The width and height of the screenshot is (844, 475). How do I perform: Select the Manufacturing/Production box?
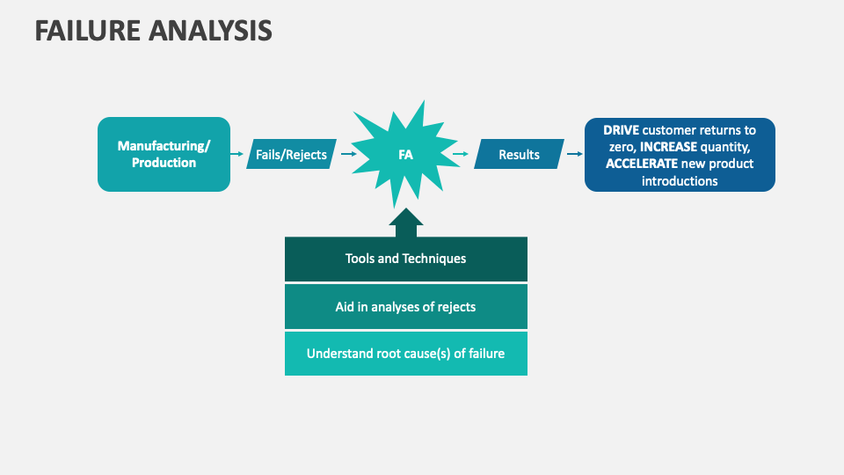coord(164,154)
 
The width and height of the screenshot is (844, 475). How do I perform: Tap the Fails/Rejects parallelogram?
coord(291,155)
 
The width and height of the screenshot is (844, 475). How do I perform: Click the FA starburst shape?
coord(405,155)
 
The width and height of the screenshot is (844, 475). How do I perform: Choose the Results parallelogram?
coord(519,155)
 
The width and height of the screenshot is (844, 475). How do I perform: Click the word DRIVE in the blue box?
coord(621,129)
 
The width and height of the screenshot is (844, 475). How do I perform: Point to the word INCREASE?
coord(668,146)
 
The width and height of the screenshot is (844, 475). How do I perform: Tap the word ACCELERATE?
coord(642,164)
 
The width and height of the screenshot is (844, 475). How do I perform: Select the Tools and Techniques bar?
coord(405,259)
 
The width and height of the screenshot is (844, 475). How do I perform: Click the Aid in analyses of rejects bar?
coord(405,307)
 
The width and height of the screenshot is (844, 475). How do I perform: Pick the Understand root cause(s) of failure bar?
coord(405,354)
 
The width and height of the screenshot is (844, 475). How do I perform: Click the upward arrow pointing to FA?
coord(405,223)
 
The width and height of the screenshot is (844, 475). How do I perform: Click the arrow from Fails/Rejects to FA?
coord(348,155)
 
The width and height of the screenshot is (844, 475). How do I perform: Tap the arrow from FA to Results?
coord(461,155)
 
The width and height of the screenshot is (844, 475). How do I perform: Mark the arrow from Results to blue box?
coord(574,155)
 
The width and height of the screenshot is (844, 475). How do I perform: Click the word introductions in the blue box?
coord(680,181)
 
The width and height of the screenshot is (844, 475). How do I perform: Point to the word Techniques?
coord(434,259)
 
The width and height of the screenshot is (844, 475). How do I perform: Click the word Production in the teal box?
coord(164,163)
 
